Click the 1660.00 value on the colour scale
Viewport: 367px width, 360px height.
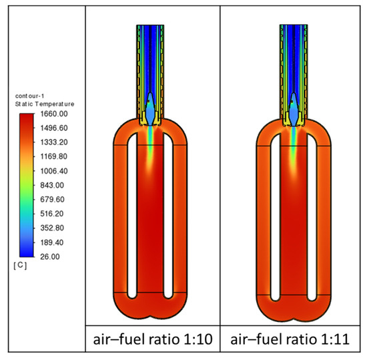54,114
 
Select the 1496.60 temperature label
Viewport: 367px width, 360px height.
54,128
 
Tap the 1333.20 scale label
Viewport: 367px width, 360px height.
54,142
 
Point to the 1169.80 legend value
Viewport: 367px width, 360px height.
54,156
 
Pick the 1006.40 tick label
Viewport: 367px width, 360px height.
54,171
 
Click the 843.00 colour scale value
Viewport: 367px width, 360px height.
52,185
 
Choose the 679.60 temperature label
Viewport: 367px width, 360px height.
52,200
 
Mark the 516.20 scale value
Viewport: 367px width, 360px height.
52,214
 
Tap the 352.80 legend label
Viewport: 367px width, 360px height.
52,228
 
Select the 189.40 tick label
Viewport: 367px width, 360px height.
52,242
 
